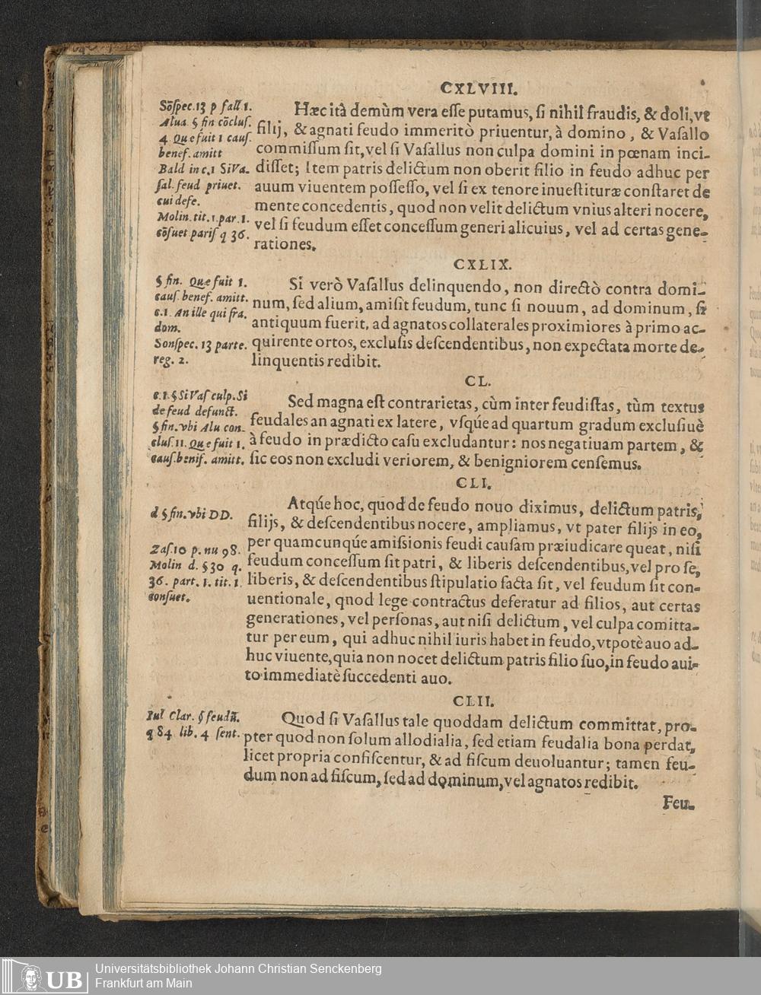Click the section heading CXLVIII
479,87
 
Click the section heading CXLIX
483,265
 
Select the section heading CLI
476,483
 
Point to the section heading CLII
473,700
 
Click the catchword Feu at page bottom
678,802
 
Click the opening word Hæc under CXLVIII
308,110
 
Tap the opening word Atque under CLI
313,504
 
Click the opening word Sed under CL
303,402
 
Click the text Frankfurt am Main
143,983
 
